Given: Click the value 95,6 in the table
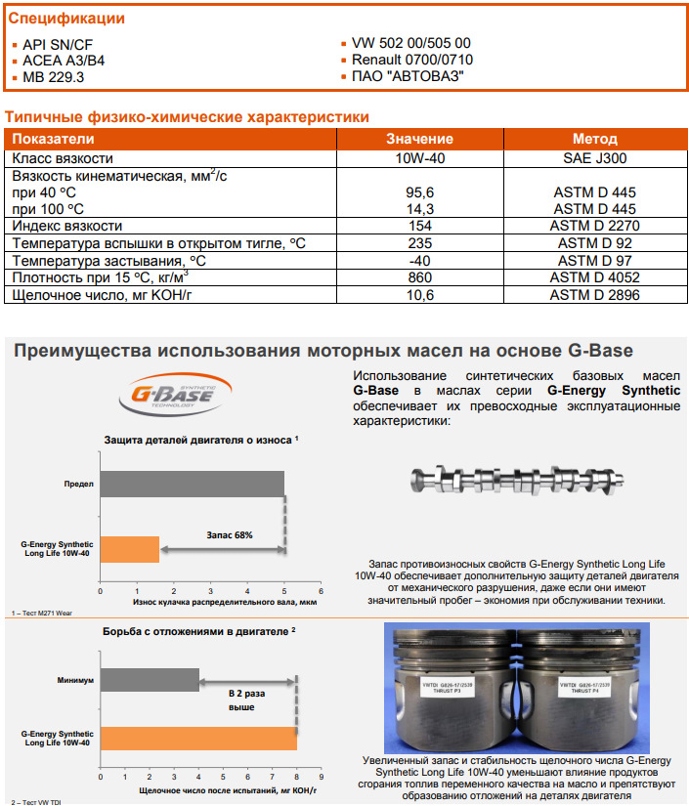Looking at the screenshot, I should (419, 193).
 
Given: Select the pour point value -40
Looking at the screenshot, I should (419, 261).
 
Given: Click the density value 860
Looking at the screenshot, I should (419, 278).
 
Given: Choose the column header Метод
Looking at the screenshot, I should (594, 140).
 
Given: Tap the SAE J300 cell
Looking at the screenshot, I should (594, 158).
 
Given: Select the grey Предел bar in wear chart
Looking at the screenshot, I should (192, 484).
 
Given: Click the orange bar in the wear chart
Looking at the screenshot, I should (130, 549).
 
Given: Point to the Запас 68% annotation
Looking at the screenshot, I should (230, 535).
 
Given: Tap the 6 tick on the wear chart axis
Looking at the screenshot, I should (322, 590).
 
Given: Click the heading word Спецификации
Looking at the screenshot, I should (66, 19).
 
